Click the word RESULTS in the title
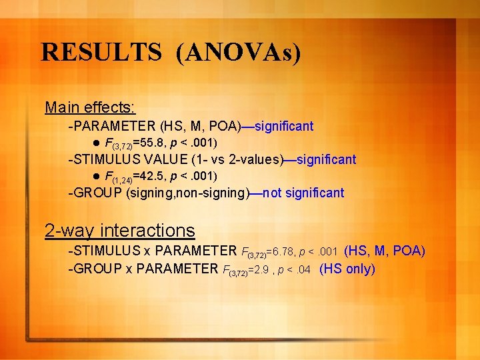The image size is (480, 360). (x=101, y=52)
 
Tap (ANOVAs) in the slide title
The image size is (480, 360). (x=239, y=52)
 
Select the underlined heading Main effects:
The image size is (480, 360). (x=90, y=107)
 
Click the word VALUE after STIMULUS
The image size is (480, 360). (x=155, y=159)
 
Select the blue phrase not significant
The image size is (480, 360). (x=304, y=193)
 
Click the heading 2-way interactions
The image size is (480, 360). (x=119, y=231)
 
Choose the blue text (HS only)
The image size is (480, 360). (x=347, y=269)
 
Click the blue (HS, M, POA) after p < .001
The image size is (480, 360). (x=384, y=251)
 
